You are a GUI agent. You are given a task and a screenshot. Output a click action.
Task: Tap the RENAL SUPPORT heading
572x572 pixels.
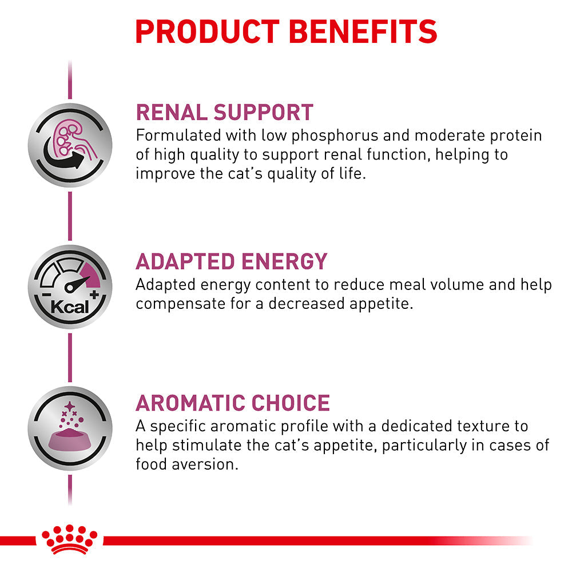click(224, 112)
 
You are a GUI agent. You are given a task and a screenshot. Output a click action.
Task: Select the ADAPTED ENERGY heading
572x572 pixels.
click(231, 261)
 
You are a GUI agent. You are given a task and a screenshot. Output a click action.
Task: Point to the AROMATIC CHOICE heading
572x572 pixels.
click(232, 403)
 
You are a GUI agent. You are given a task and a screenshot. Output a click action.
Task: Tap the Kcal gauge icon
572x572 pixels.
click(70, 287)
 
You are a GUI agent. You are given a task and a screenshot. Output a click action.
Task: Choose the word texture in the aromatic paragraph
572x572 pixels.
click(479, 426)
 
